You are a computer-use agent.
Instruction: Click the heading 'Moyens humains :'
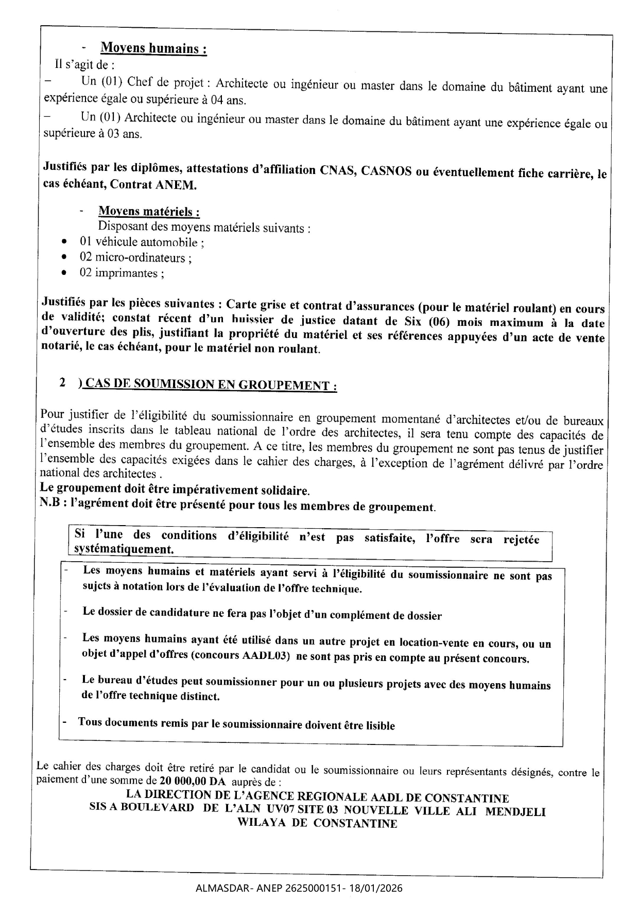[153, 48]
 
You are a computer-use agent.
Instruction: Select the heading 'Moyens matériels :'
[149, 212]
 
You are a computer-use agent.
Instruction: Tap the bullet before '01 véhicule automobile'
[63, 241]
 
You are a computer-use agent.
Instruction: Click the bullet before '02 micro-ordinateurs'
[63, 257]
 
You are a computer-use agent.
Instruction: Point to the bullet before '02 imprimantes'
[63, 273]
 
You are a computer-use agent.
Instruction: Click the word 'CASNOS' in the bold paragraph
[386, 171]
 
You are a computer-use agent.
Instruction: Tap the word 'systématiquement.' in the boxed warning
[124, 549]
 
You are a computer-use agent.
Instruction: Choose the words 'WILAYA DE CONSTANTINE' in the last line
[317, 823]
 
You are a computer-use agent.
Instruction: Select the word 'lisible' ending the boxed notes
[380, 726]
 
